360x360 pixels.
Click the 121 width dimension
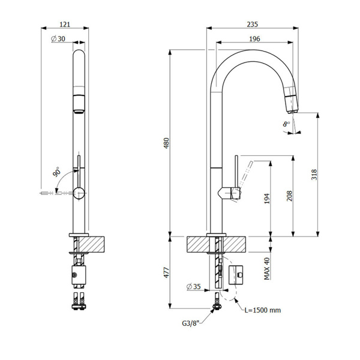[x=66, y=24]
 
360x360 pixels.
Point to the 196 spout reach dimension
[x=254, y=38]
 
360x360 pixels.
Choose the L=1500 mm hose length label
[x=263, y=310]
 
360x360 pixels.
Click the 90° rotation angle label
[x=58, y=172]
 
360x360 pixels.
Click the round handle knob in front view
[x=78, y=193]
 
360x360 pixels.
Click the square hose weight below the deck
[x=235, y=274]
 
